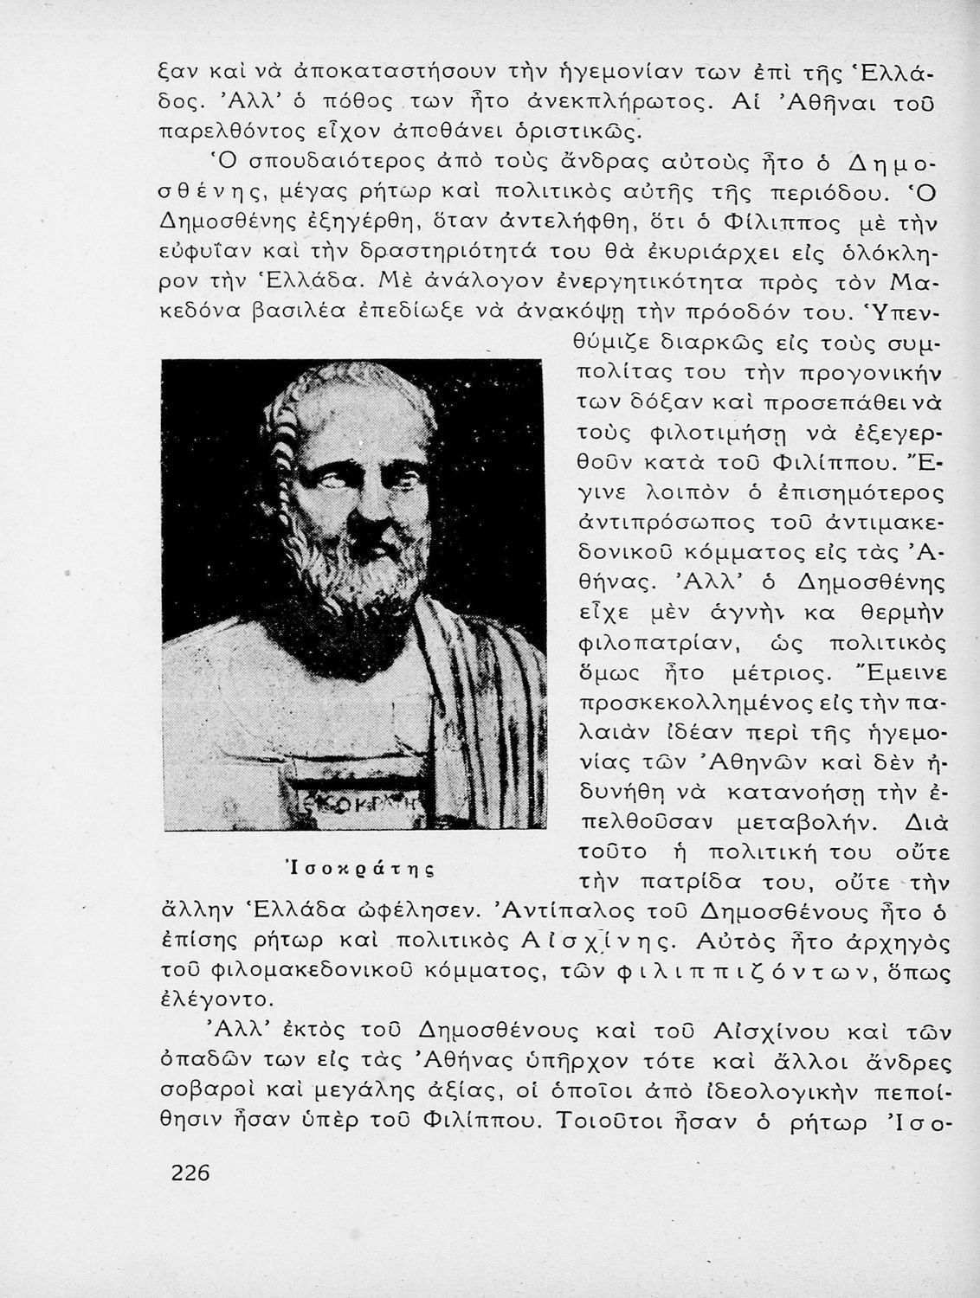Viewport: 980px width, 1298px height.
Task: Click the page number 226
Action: tap(191, 1173)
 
